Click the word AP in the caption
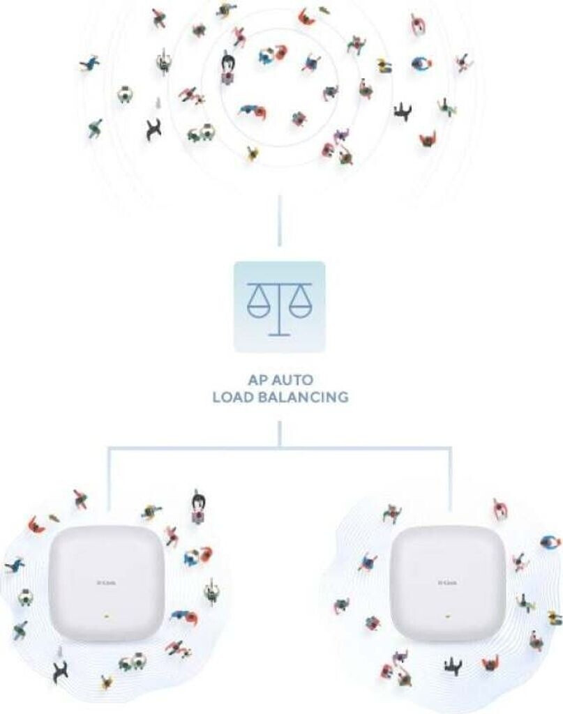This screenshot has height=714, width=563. point(257,381)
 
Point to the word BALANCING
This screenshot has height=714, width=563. point(304,398)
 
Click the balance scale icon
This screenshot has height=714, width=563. point(280,306)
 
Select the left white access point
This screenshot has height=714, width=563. point(109,583)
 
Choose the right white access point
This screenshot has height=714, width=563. point(449,583)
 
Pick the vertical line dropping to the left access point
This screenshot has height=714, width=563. point(109,481)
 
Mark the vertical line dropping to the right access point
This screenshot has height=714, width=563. point(450,481)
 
